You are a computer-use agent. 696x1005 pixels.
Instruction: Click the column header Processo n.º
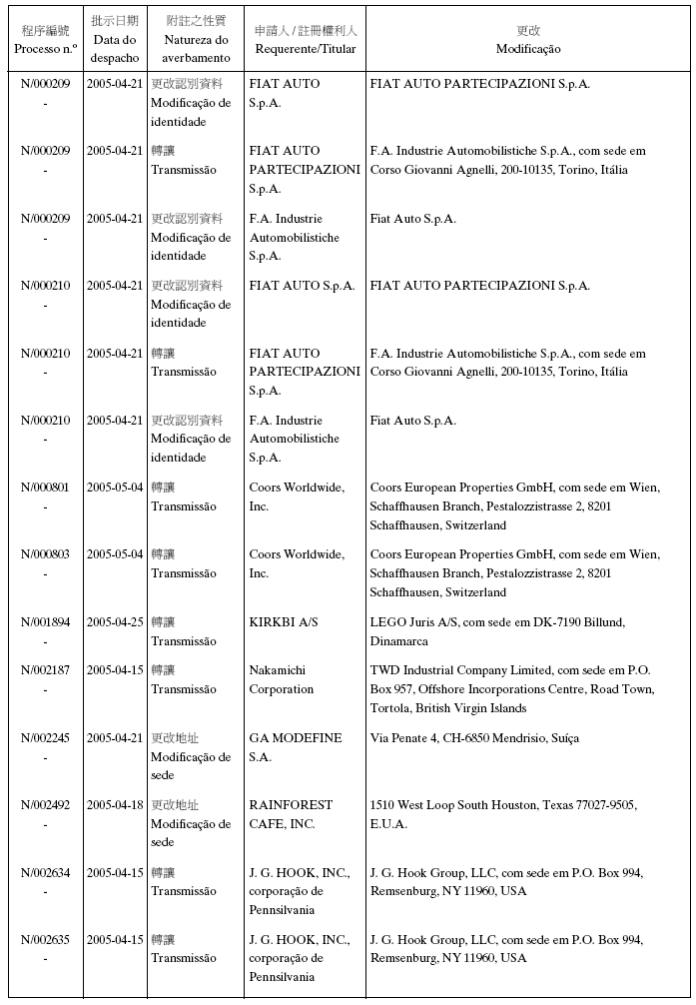point(45,49)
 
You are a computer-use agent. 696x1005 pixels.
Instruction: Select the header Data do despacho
point(115,49)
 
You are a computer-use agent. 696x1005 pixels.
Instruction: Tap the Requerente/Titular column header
point(305,49)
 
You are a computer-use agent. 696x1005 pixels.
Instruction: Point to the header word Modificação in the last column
point(528,49)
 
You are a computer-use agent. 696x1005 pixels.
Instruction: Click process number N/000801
point(45,488)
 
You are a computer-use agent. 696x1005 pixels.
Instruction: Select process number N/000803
point(45,554)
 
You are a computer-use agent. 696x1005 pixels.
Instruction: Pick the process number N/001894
point(45,622)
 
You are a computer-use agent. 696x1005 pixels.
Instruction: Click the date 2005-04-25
point(115,622)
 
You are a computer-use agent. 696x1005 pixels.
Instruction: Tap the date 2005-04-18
point(115,805)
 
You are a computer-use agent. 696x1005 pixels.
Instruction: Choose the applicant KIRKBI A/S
point(284,622)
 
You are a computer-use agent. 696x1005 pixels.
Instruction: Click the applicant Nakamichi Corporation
point(282,680)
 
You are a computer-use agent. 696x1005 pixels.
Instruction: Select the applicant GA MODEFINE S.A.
point(296,747)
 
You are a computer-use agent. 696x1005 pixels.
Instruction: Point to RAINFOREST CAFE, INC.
point(295,814)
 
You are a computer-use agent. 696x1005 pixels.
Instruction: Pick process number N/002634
point(45,873)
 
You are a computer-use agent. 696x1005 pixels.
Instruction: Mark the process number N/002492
point(45,805)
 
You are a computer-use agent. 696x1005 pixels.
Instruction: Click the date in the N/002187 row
point(115,670)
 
